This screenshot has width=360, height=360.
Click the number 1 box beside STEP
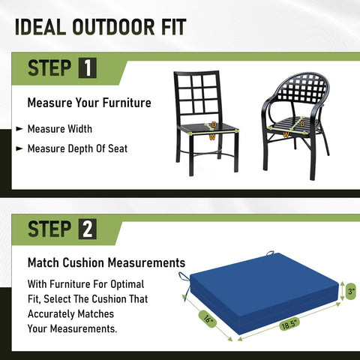88,67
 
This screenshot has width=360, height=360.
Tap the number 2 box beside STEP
88,229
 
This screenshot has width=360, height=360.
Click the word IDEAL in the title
40,27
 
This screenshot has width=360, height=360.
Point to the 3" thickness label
351,291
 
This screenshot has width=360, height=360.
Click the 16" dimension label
208,319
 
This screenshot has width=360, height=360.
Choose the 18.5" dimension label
289,324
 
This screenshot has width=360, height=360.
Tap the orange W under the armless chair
212,137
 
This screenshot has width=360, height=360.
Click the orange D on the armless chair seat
214,124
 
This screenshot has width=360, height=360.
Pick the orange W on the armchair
286,135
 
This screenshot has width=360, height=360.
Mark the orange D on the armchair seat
302,124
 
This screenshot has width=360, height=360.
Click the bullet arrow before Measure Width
19,129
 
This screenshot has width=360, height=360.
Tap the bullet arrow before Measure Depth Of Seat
19,148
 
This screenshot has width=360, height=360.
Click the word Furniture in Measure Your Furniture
127,103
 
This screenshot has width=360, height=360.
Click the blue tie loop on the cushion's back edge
270,253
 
